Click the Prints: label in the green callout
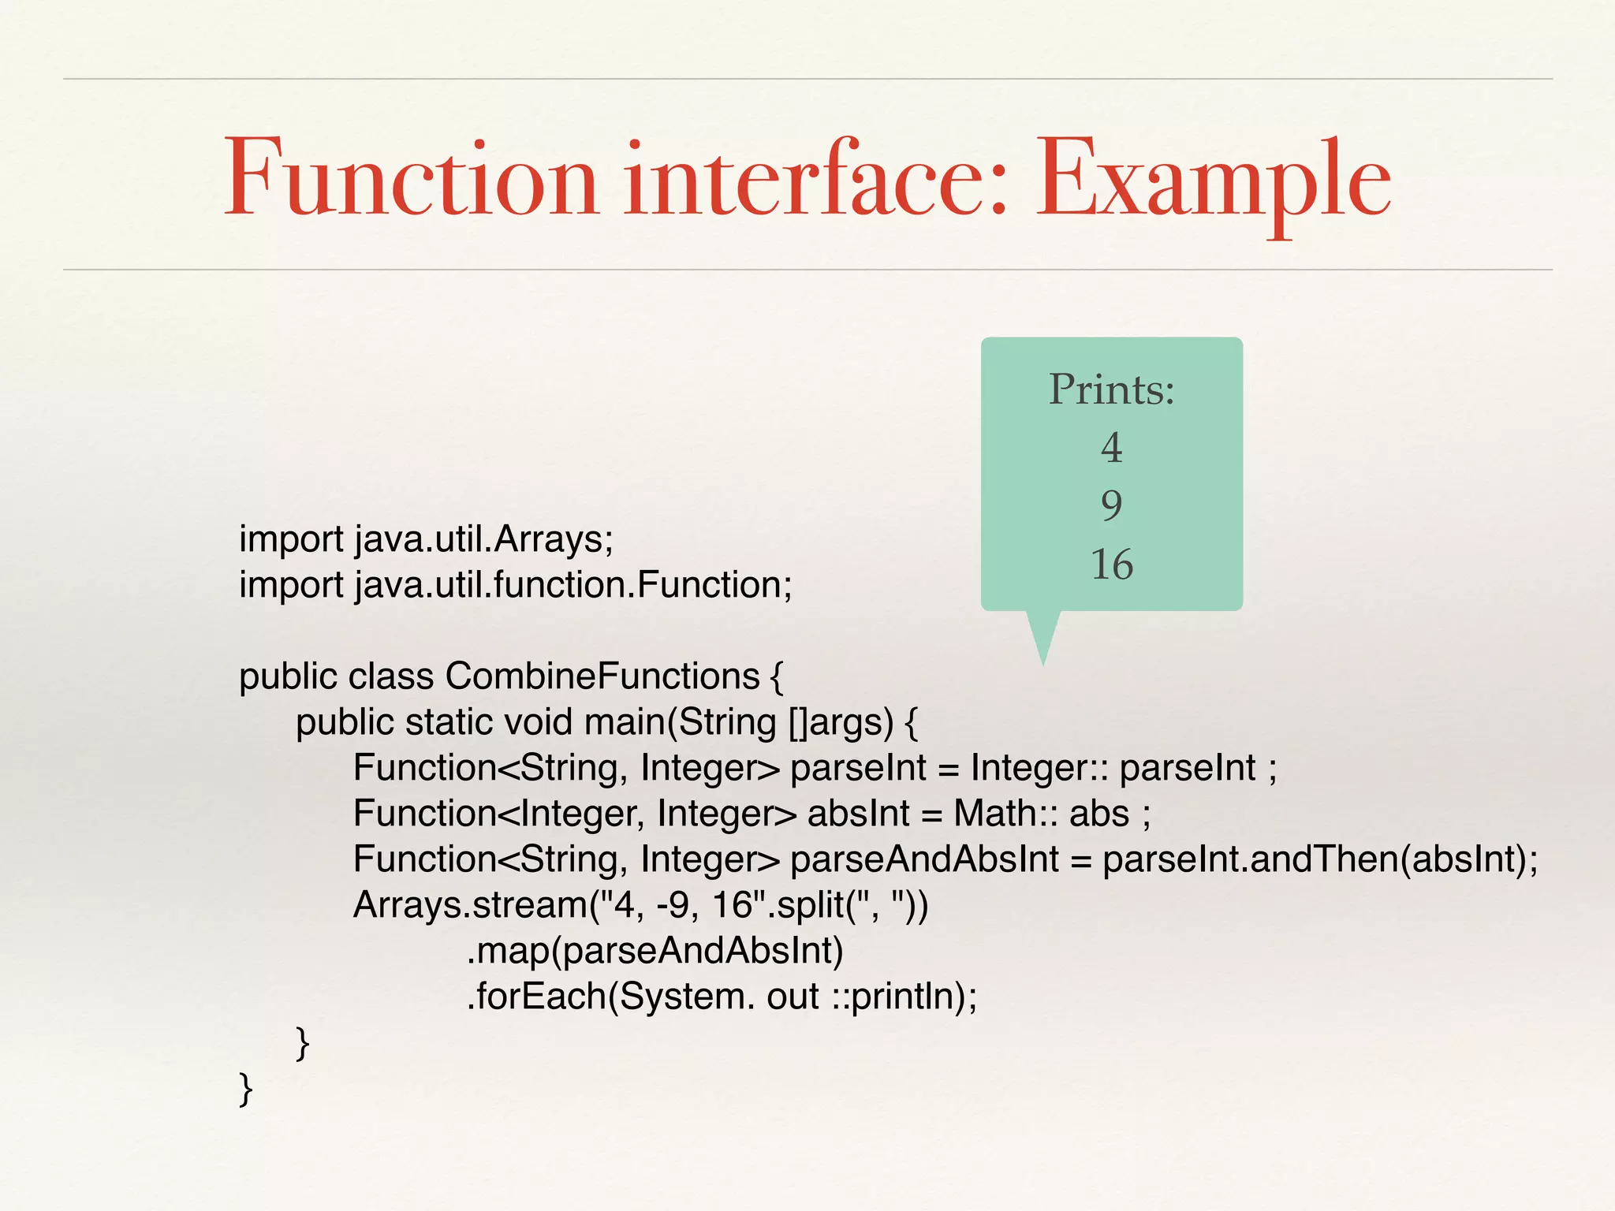pos(1111,389)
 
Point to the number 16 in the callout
pos(1111,565)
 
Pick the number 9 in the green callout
pos(1111,505)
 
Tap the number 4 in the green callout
pos(1111,448)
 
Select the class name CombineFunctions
pos(602,676)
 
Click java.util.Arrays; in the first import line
pos(483,540)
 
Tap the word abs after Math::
pos(1098,814)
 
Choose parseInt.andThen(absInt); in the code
pos(1319,859)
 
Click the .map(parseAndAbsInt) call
pos(655,951)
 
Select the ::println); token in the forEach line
pos(904,997)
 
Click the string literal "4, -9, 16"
pos(684,905)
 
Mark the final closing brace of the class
pos(246,1089)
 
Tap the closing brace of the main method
pos(303,1043)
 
